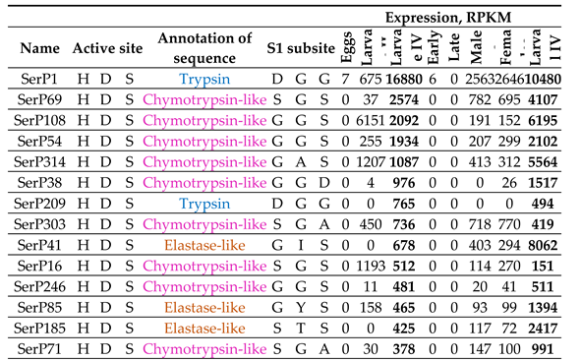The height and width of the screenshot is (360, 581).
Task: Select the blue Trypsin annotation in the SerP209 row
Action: coord(203,203)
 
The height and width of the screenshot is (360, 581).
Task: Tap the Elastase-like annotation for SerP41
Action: coord(203,244)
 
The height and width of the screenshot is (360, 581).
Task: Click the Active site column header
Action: coord(107,47)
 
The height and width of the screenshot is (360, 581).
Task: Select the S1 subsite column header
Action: coord(302,47)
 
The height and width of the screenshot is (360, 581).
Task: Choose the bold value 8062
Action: coord(548,244)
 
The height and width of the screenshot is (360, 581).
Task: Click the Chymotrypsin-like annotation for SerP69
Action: coord(203,99)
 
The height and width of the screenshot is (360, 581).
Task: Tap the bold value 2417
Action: coord(548,327)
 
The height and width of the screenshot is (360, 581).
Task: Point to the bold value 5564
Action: coord(548,161)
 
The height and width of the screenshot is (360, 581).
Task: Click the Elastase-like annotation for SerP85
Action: coord(203,306)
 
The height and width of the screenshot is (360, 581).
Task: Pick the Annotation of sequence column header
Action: coord(203,46)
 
